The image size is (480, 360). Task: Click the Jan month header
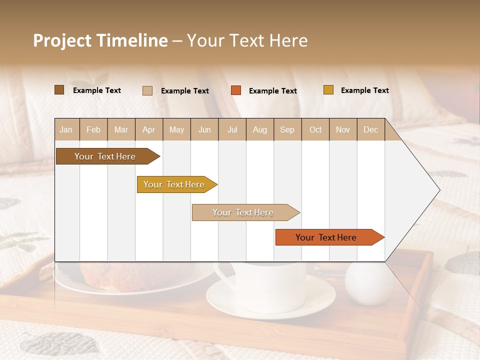66,129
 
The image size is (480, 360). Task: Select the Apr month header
149,129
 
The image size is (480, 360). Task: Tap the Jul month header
232,129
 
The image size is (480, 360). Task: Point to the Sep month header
287,129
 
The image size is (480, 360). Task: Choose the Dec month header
370,129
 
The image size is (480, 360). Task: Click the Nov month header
343,129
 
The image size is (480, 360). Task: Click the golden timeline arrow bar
175,184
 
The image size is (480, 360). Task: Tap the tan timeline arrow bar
244,212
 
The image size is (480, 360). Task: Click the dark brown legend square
59,90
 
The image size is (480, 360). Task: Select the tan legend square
147,90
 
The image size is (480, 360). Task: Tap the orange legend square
236,90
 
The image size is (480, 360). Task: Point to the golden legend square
328,90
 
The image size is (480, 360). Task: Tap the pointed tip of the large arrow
438,190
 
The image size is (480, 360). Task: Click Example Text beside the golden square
364,90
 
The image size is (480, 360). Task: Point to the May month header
176,129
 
